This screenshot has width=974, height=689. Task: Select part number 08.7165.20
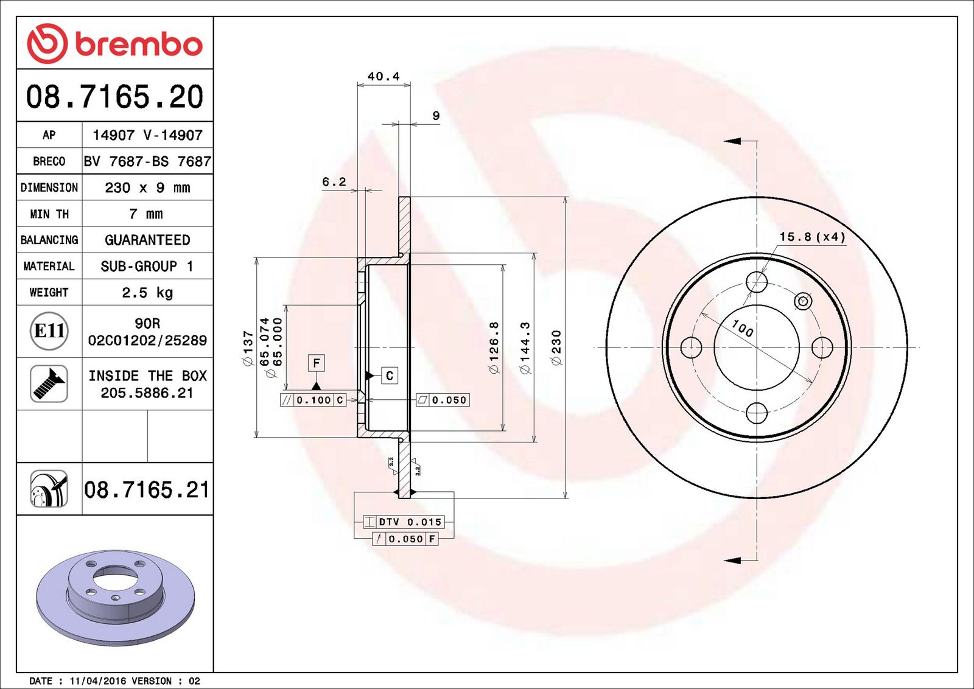[x=115, y=97]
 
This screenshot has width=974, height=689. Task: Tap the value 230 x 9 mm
[x=147, y=188]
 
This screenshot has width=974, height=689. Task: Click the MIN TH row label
[x=49, y=214]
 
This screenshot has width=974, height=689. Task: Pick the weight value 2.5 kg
[x=147, y=293]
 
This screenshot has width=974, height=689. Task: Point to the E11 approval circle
[x=49, y=331]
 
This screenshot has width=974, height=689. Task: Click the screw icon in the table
[x=49, y=384]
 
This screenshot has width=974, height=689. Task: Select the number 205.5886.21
[x=147, y=393]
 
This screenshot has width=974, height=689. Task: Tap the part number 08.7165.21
[x=147, y=490]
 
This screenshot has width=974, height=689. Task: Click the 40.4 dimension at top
[x=383, y=77]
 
